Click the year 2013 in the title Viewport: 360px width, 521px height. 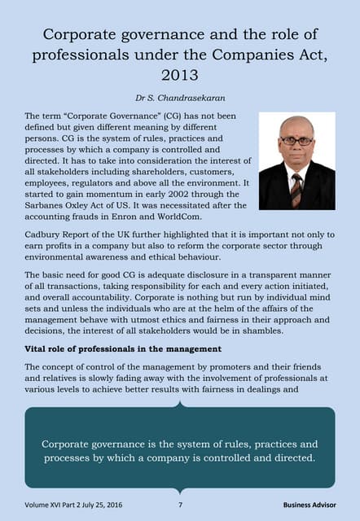tap(180, 75)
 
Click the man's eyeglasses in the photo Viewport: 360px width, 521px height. tap(296, 141)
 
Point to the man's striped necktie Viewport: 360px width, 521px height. tap(296, 189)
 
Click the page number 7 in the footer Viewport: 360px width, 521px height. tap(180, 505)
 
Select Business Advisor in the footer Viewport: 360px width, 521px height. tap(309, 505)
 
